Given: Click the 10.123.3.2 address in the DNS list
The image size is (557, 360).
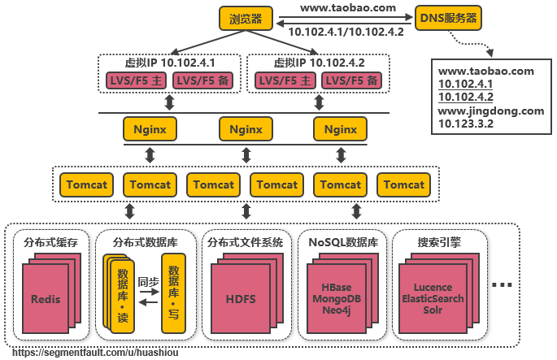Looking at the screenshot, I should click(x=466, y=124).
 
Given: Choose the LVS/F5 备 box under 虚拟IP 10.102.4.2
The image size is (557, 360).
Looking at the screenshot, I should click(x=351, y=80).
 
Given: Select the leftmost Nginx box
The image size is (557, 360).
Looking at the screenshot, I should click(x=150, y=128).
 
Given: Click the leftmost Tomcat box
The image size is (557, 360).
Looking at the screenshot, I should click(x=86, y=184).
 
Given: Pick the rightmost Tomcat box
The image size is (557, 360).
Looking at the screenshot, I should click(x=404, y=184).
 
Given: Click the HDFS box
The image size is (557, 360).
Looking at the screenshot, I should click(x=241, y=299).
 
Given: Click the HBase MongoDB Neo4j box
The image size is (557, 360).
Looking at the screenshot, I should click(x=336, y=299).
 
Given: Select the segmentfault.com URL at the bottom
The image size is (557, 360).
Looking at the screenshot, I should click(x=96, y=353).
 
